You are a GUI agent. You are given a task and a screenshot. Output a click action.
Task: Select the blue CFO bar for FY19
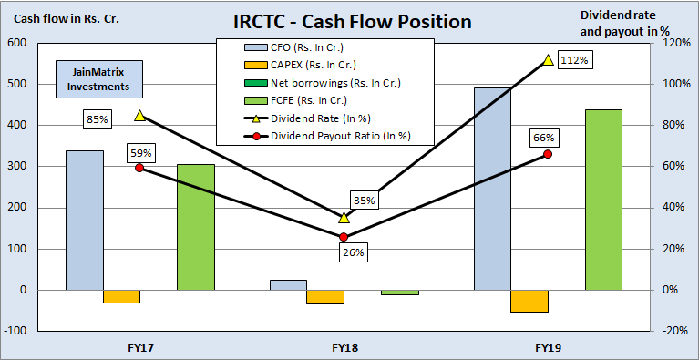pyautogui.click(x=492, y=189)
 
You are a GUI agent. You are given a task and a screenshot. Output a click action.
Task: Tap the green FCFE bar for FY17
pyautogui.click(x=195, y=227)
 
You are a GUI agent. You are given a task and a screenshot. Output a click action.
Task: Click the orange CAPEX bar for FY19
pyautogui.click(x=529, y=301)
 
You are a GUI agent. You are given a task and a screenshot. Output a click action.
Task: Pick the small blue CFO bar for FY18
pyautogui.click(x=288, y=284)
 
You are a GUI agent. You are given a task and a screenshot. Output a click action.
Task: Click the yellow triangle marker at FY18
pyautogui.click(x=344, y=218)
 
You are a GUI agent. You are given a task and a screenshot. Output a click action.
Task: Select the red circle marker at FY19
pyautogui.click(x=548, y=154)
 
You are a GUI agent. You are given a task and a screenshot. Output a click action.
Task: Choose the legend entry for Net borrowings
pyautogui.click(x=309, y=82)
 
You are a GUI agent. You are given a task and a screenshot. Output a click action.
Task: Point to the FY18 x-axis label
pyautogui.click(x=344, y=347)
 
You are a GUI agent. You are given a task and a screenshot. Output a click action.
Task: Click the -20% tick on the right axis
pyautogui.click(x=673, y=331)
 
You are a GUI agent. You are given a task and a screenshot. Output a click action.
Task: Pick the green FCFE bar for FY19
pyautogui.click(x=603, y=200)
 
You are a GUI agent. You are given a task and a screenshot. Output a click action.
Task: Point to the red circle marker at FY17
pyautogui.click(x=139, y=168)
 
